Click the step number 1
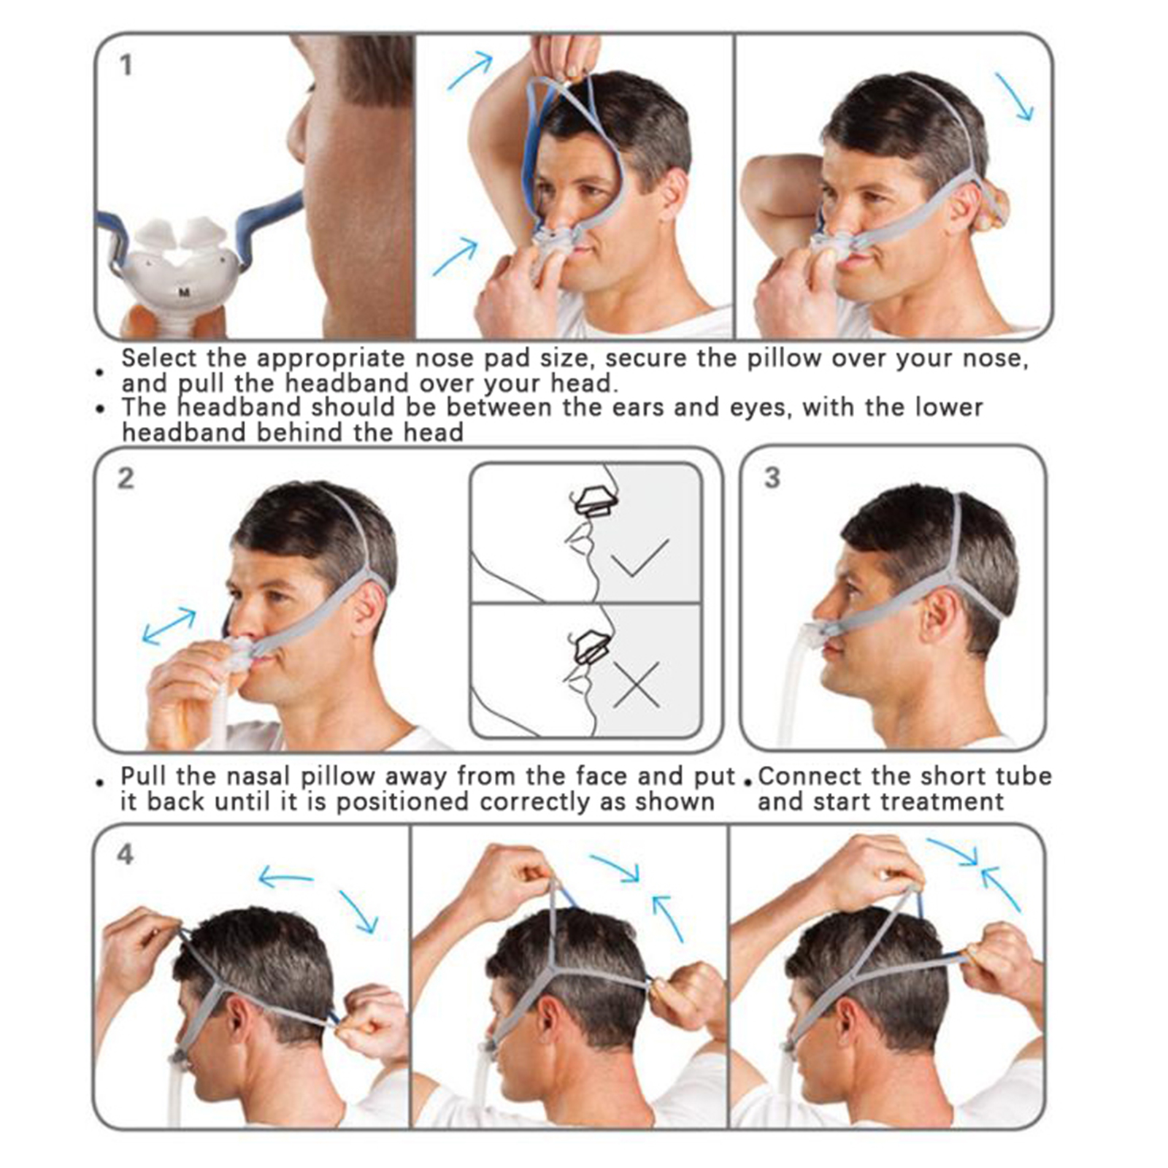click(x=126, y=65)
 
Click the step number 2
click(x=126, y=479)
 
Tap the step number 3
click(x=772, y=478)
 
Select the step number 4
click(x=126, y=854)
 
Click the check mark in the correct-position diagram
click(x=639, y=558)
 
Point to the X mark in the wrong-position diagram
click(x=637, y=685)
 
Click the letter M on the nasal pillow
click(x=185, y=292)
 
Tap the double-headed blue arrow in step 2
click(x=169, y=626)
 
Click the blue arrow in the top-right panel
click(x=1015, y=96)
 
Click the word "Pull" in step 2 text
click(x=144, y=776)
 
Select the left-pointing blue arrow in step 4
click(x=286, y=877)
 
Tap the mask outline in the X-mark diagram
click(x=592, y=646)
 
